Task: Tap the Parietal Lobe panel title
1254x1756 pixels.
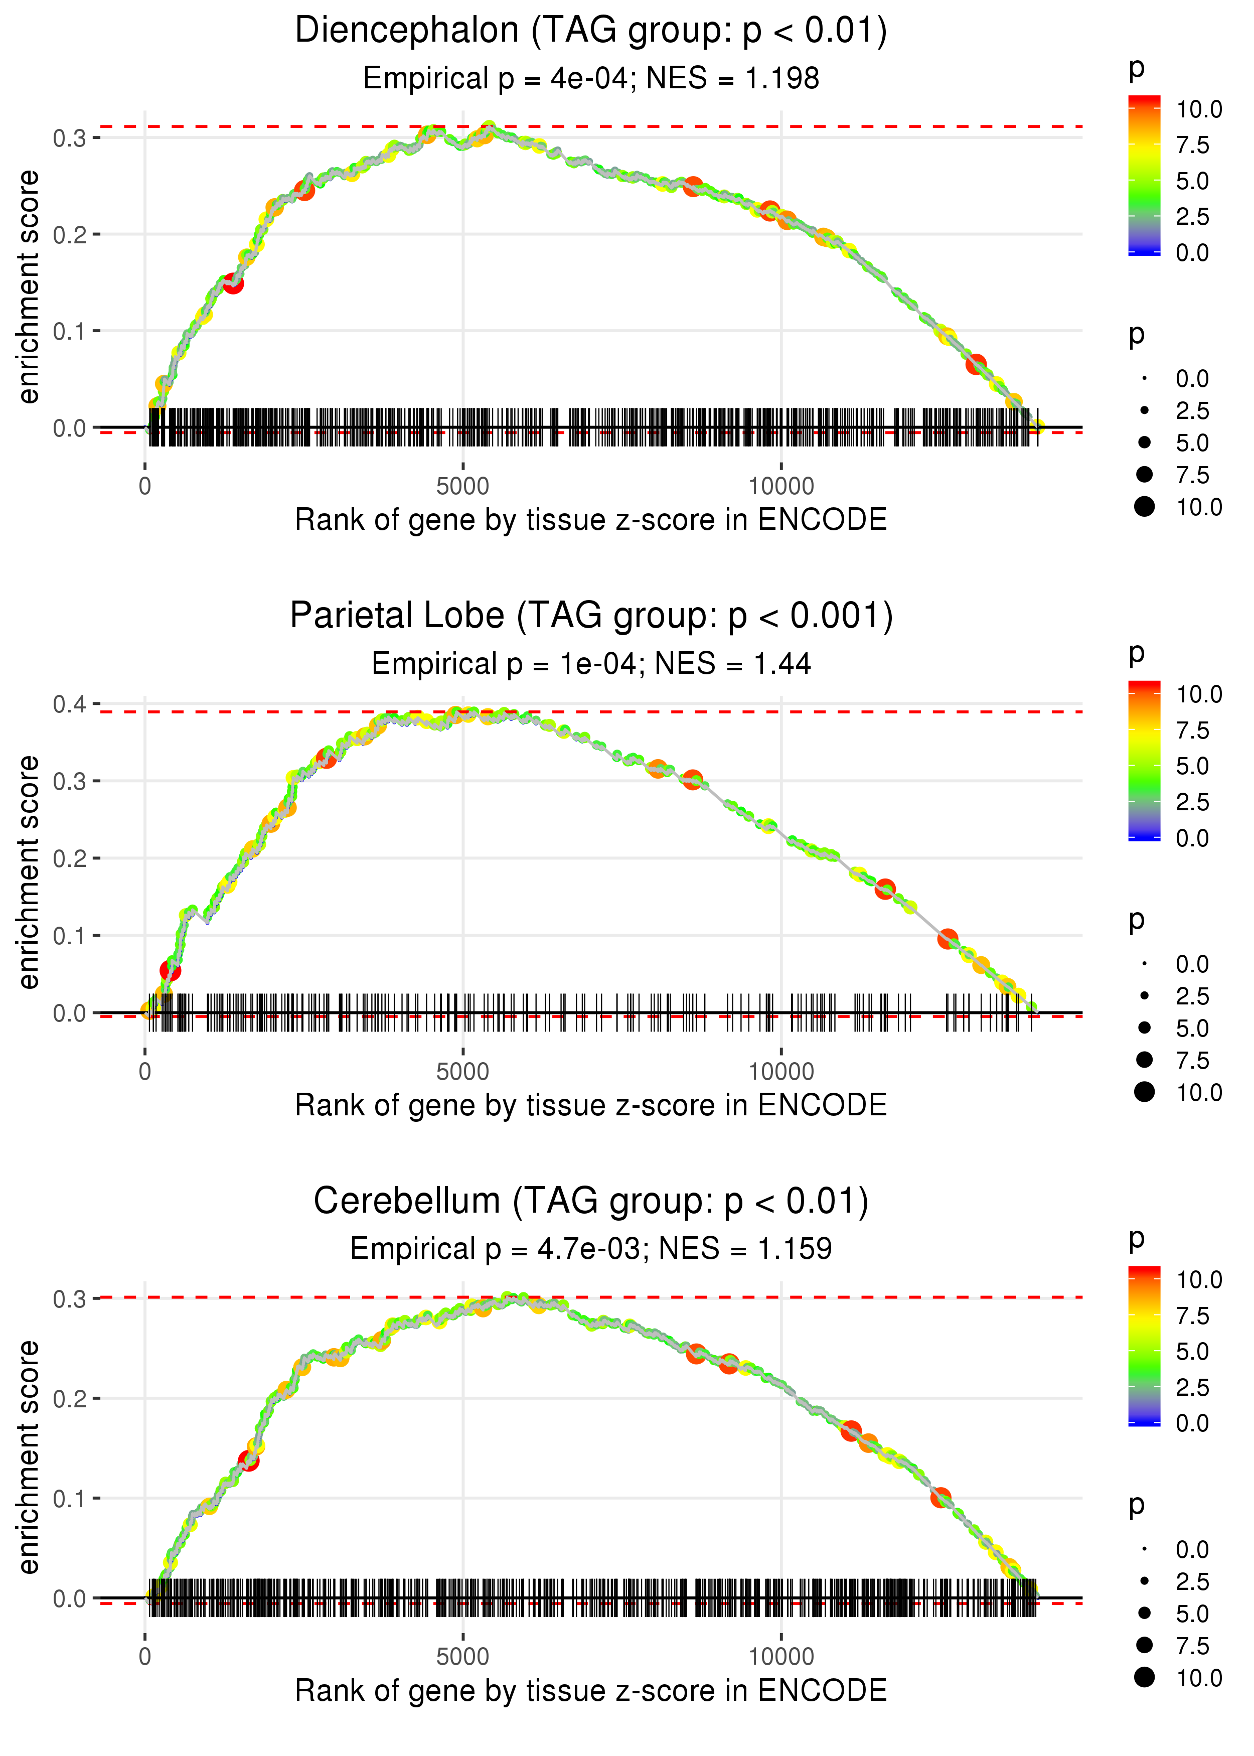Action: click(591, 616)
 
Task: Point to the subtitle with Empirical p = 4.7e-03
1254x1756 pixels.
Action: click(495, 1249)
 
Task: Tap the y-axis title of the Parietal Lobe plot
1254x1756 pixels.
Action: click(29, 872)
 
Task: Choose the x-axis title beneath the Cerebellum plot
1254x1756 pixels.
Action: click(591, 1691)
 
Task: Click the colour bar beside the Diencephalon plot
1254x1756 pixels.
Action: click(1144, 175)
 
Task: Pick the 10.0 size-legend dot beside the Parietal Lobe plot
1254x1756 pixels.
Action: click(1144, 1092)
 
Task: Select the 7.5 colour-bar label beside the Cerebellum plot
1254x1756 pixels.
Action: click(1192, 1316)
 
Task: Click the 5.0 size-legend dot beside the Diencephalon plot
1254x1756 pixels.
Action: click(1144, 443)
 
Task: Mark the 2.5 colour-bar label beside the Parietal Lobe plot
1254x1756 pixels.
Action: click(1192, 802)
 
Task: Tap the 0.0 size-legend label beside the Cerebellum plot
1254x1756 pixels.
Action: click(1192, 1550)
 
